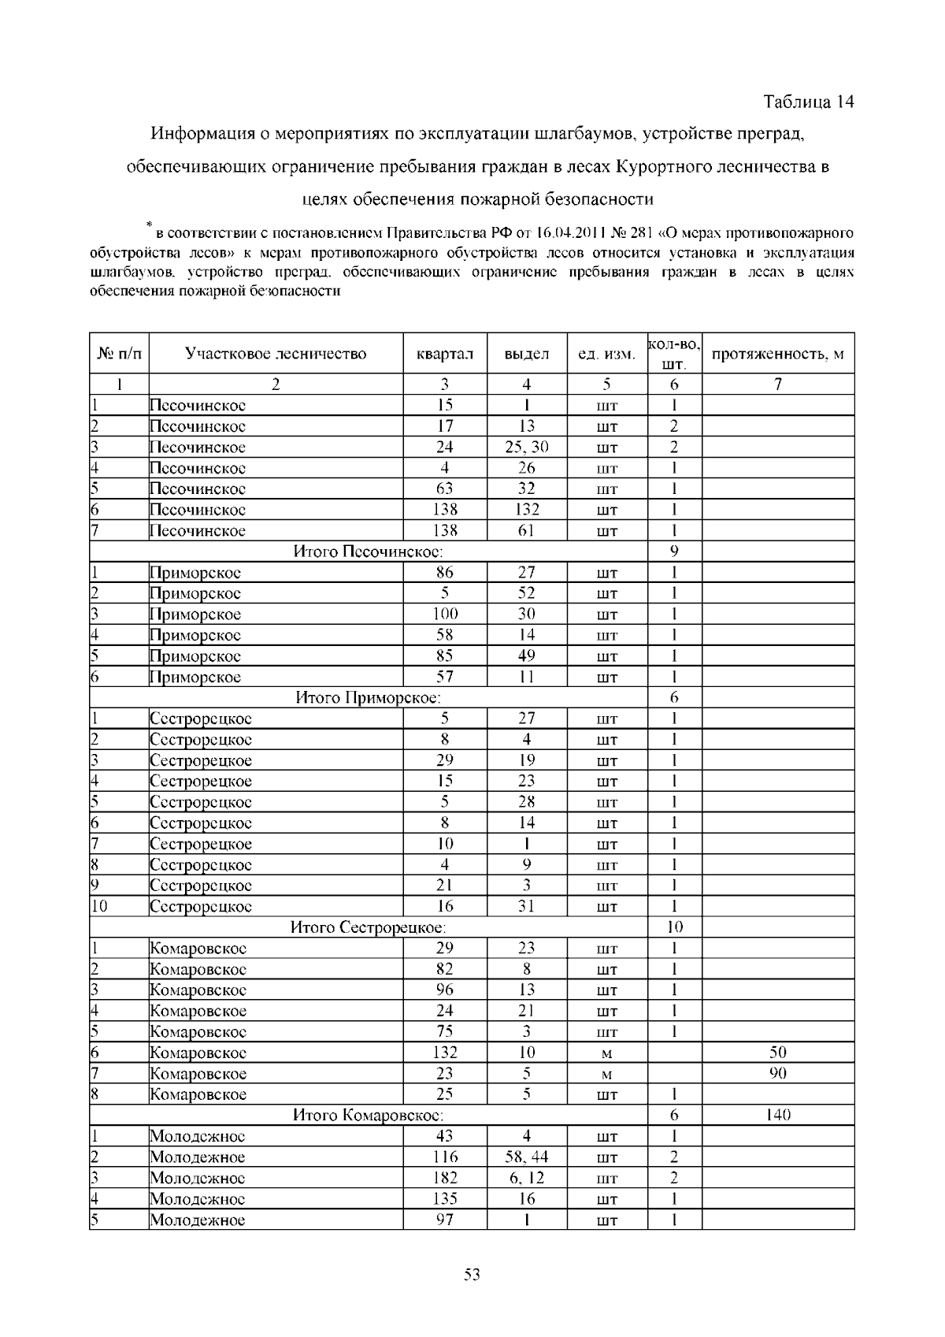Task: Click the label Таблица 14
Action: [809, 102]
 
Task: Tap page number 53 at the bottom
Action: [472, 1274]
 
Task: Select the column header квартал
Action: [445, 354]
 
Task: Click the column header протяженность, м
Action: [777, 354]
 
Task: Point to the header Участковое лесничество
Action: [276, 354]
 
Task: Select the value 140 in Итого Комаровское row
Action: [777, 1115]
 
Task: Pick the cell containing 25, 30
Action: [527, 448]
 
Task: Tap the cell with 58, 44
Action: [527, 1157]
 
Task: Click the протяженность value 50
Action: [777, 1053]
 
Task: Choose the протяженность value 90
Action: [777, 1073]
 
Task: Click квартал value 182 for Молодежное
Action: [445, 1178]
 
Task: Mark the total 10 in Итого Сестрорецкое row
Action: [675, 927]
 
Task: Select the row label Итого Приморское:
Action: [368, 697]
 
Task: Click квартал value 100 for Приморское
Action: [445, 614]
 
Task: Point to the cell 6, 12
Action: [527, 1178]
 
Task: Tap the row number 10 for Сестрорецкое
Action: [98, 907]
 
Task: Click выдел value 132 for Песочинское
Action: [527, 510]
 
